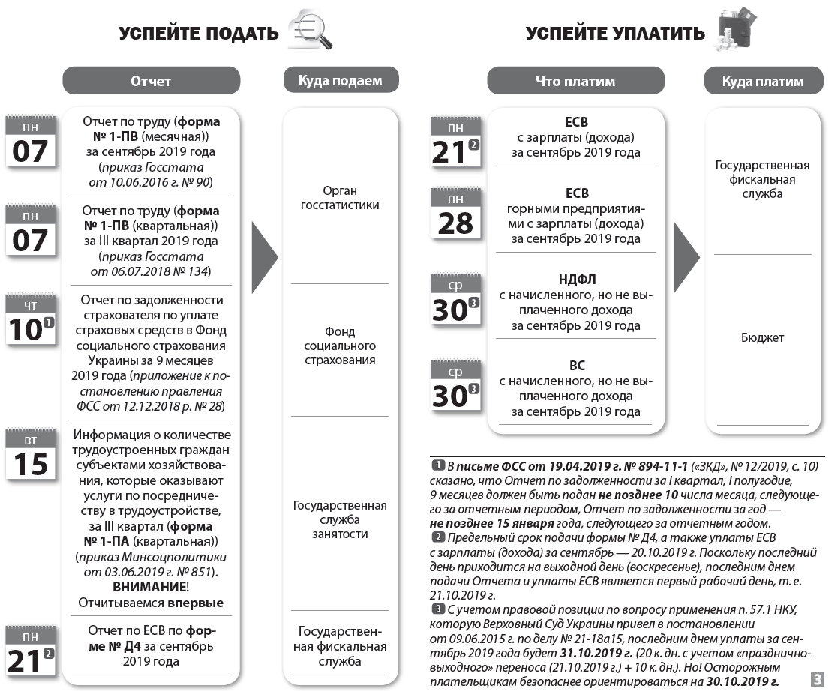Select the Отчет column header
[151, 81]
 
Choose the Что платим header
[575, 81]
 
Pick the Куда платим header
[762, 81]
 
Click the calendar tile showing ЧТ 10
[31, 321]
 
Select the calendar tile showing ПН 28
[455, 214]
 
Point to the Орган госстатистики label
[340, 198]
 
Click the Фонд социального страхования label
[340, 345]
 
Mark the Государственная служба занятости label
[340, 519]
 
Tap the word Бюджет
[762, 337]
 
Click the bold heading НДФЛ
[575, 280]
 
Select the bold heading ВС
[575, 366]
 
